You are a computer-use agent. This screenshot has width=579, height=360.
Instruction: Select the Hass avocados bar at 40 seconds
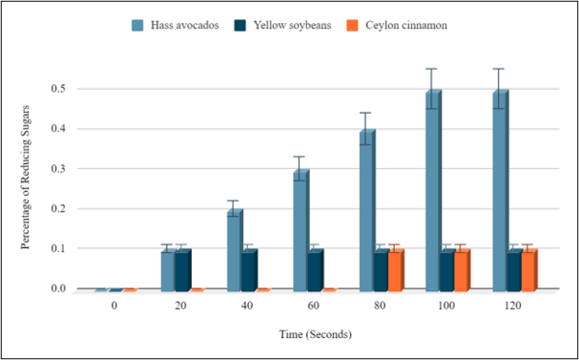[x=234, y=249]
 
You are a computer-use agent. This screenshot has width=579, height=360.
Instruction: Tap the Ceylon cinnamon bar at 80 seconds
[x=394, y=269]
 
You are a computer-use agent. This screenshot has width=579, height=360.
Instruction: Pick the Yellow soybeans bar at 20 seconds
[x=182, y=269]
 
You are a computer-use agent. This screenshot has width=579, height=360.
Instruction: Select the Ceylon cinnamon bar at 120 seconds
[x=529, y=269]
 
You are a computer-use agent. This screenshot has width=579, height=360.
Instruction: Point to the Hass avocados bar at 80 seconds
[x=367, y=209]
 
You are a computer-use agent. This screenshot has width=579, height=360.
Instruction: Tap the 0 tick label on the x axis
[x=114, y=305]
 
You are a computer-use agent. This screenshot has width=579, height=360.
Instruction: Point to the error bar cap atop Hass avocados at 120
[x=499, y=69]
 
